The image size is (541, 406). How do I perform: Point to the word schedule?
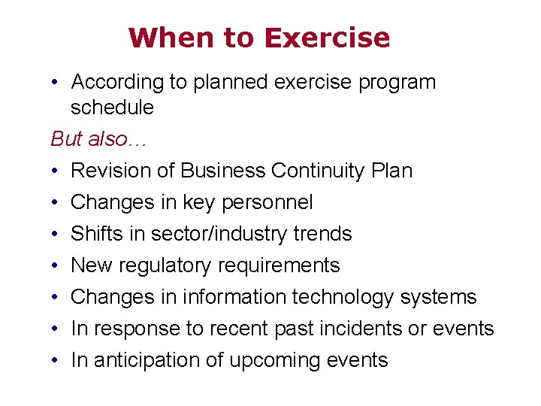click(112, 108)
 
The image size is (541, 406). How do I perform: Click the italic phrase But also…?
click(94, 139)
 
